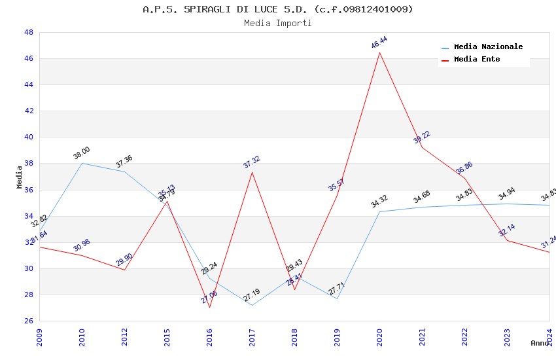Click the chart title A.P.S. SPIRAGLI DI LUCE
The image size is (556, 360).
coord(278,9)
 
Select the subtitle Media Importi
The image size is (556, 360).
coord(278,24)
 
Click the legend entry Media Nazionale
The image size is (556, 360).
coord(488,47)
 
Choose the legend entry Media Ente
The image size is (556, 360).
coord(477,60)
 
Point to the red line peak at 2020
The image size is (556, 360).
coord(379,52)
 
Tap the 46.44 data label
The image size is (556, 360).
coord(379,43)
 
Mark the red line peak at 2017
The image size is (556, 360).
coord(252,172)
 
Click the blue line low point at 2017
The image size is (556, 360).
coord(252,305)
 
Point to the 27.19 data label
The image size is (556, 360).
coord(252,295)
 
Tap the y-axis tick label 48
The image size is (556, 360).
coord(29,33)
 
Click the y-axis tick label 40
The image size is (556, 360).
coord(29,137)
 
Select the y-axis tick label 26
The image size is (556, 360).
coord(29,321)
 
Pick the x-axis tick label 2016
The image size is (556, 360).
coord(209,336)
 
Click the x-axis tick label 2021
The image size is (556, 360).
coord(422,336)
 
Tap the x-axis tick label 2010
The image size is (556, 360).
coord(82,336)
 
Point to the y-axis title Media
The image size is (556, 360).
coord(19,177)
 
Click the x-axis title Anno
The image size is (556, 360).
coord(540,343)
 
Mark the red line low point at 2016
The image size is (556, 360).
coord(209,307)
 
